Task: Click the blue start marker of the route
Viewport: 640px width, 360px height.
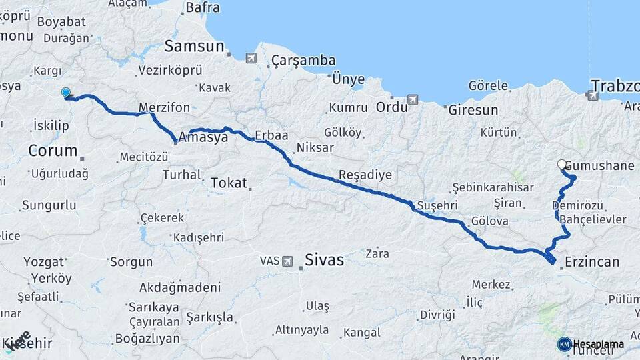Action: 65,93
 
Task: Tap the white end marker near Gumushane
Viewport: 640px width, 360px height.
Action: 561,164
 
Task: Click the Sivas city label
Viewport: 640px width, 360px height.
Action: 324,260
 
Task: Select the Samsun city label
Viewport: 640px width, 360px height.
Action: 194,46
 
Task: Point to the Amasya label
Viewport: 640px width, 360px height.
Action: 203,137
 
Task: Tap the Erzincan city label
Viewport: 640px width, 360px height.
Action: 592,261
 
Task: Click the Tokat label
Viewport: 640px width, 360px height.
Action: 229,183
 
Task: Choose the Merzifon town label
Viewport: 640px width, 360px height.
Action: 165,107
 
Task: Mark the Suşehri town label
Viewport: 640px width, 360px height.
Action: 438,205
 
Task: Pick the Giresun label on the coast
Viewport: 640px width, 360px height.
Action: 473,110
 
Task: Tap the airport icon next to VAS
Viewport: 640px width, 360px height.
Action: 287,261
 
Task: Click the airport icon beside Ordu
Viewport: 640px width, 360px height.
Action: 413,100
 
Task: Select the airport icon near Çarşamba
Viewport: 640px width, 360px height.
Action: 251,58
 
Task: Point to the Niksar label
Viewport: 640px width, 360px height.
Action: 315,147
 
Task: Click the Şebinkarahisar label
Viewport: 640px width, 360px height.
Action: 493,187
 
